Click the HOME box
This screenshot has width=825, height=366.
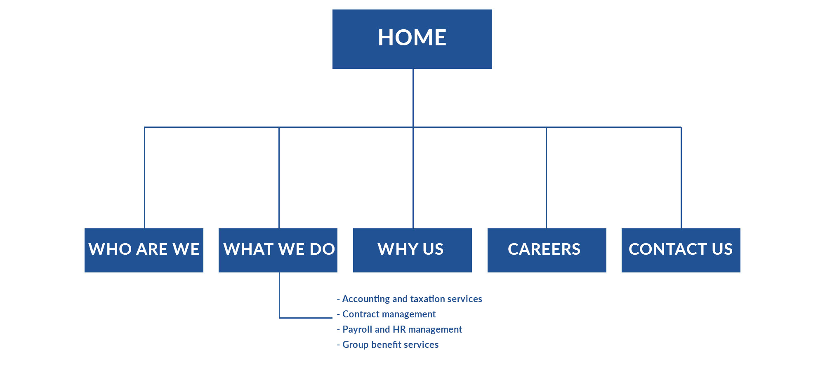[x=412, y=39]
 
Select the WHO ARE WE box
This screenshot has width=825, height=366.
[x=144, y=250]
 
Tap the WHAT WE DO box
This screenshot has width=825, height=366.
[x=278, y=250]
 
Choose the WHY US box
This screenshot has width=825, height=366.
[x=412, y=250]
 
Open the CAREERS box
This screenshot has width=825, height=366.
[x=547, y=250]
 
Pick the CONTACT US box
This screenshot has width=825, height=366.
[x=681, y=250]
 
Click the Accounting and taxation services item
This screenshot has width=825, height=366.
[x=410, y=299]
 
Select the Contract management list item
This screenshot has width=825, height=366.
[x=386, y=314]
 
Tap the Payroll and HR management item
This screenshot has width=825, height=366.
[x=399, y=329]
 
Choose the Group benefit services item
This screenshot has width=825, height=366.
[x=388, y=345]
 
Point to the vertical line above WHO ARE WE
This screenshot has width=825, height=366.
[x=144, y=178]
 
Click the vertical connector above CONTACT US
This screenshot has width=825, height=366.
[x=681, y=178]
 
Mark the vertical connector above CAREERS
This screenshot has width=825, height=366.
[x=546, y=178]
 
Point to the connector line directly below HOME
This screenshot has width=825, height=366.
[x=413, y=98]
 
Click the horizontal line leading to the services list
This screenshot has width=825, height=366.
[x=306, y=318]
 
